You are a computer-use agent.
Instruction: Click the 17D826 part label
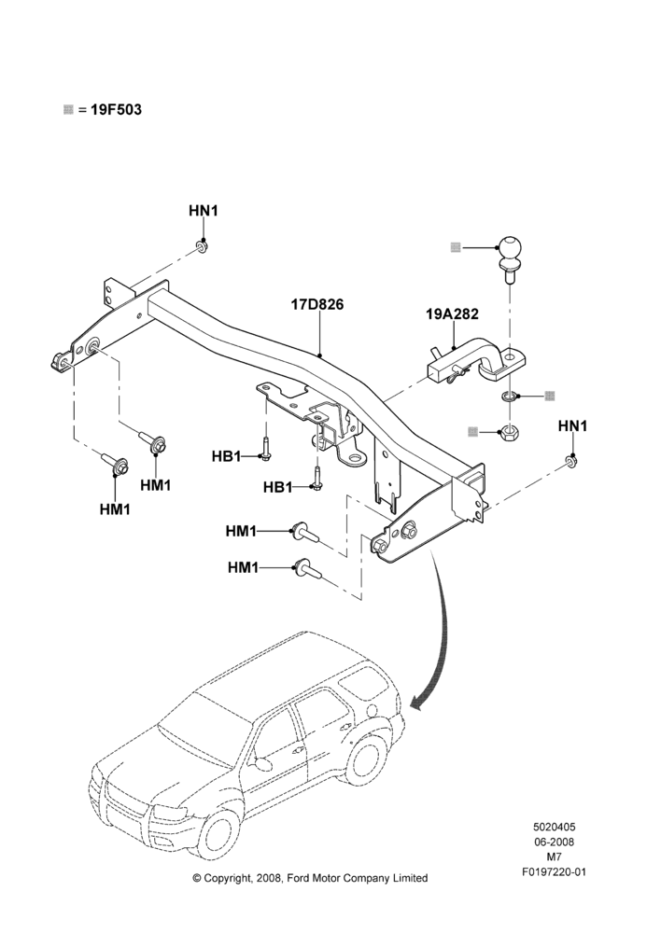pyautogui.click(x=317, y=305)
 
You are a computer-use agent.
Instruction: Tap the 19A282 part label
pyautogui.click(x=452, y=314)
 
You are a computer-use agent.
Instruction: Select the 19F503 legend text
pyautogui.click(x=116, y=110)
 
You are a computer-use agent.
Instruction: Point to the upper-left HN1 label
pyautogui.click(x=204, y=211)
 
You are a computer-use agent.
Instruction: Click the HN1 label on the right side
pyautogui.click(x=572, y=426)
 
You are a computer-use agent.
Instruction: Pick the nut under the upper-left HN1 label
pyautogui.click(x=202, y=245)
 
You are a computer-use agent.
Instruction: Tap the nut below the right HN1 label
pyautogui.click(x=571, y=461)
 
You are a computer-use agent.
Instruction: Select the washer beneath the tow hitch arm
pyautogui.click(x=508, y=395)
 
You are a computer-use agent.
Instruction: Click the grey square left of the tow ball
pyautogui.click(x=457, y=247)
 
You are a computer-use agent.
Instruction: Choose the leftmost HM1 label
pyautogui.click(x=115, y=509)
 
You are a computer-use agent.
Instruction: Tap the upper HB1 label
pyautogui.click(x=226, y=456)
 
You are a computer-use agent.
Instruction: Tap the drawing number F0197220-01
pyautogui.click(x=554, y=872)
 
